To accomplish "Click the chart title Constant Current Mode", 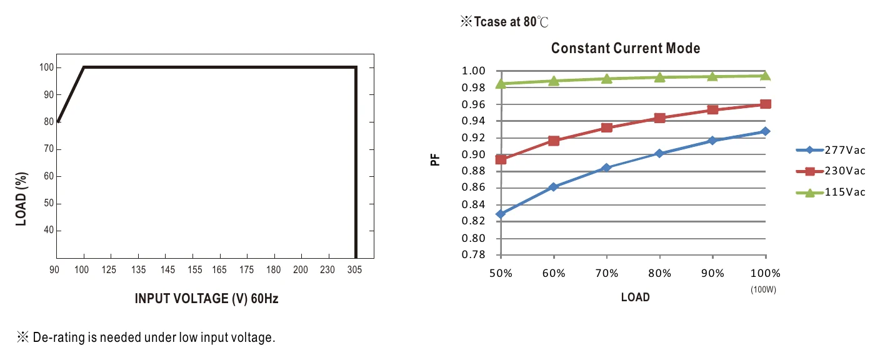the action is [626, 48].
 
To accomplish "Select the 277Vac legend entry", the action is [831, 150].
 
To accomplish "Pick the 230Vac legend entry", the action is [831, 171].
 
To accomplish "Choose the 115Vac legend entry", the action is [831, 192].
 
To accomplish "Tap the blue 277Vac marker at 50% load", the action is [501, 214].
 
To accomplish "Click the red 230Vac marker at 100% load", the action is [765, 104].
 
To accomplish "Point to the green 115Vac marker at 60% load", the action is [554, 81].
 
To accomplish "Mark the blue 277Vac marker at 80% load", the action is [659, 153].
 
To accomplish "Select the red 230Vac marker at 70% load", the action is [607, 127].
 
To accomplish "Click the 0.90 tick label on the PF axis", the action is [473, 154].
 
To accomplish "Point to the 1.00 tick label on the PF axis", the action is [473, 71].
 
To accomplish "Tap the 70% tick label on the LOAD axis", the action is [607, 273].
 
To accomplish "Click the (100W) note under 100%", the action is [763, 289].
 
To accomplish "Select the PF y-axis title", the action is [435, 159].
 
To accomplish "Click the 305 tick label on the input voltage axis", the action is [354, 269].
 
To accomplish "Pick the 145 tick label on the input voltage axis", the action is [167, 269].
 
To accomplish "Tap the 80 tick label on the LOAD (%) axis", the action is [49, 122].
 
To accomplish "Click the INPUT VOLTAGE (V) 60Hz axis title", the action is [207, 299].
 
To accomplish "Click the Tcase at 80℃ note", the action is [504, 22].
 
